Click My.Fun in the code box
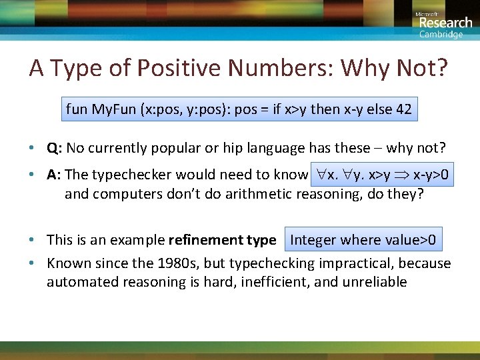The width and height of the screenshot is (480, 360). tap(113, 109)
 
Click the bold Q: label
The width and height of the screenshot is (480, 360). tap(55, 148)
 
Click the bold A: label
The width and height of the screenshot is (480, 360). tap(55, 175)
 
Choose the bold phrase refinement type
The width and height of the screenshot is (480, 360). tap(222, 240)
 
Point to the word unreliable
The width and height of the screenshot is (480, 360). tap(375, 282)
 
